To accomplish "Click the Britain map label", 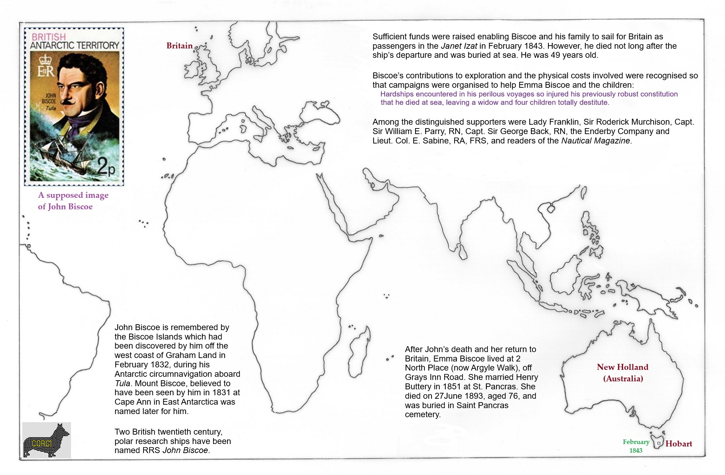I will tap(179, 46).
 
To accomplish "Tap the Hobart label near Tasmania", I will tap(678, 444).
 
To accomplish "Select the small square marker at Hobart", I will tap(658, 443).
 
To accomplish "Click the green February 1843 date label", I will tap(636, 446).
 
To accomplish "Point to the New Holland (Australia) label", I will tap(623, 373).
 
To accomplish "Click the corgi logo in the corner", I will tap(46, 440).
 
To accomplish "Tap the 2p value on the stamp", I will tap(106, 166).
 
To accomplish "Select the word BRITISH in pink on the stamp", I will tap(49, 37).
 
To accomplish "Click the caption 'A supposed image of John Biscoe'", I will tap(73, 201).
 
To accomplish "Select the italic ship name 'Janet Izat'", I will tap(459, 46).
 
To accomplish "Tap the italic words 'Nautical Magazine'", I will tap(595, 141).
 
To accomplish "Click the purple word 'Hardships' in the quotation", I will tap(397, 94).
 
